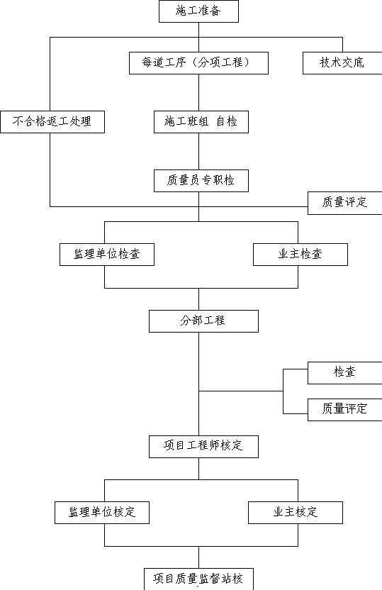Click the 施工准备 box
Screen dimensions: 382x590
[x=198, y=11]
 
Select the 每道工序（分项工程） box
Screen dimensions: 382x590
[x=198, y=63]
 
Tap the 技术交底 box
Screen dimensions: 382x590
[x=342, y=63]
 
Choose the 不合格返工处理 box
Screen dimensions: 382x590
[x=52, y=122]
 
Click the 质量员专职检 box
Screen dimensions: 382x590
[x=201, y=181]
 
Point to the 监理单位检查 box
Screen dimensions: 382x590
[x=107, y=255]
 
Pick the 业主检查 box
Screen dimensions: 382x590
[x=300, y=255]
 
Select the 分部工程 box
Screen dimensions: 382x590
[x=203, y=321]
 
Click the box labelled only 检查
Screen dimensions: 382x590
[x=344, y=373]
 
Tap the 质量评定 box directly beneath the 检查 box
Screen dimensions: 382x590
[x=344, y=410]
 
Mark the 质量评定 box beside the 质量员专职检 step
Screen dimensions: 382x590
[x=344, y=204]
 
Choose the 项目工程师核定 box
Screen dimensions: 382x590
[x=203, y=447]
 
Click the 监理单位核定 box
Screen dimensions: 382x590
[x=102, y=513]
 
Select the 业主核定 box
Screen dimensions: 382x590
[x=296, y=513]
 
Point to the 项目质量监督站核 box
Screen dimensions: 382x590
[x=198, y=579]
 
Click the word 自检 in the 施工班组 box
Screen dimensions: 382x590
[x=227, y=121]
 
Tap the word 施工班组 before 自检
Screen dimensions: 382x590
[x=186, y=121]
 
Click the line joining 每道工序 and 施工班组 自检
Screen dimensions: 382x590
[x=199, y=93]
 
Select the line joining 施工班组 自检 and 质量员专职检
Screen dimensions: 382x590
[x=199, y=151]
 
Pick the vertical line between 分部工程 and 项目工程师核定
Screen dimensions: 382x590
[x=199, y=384]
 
